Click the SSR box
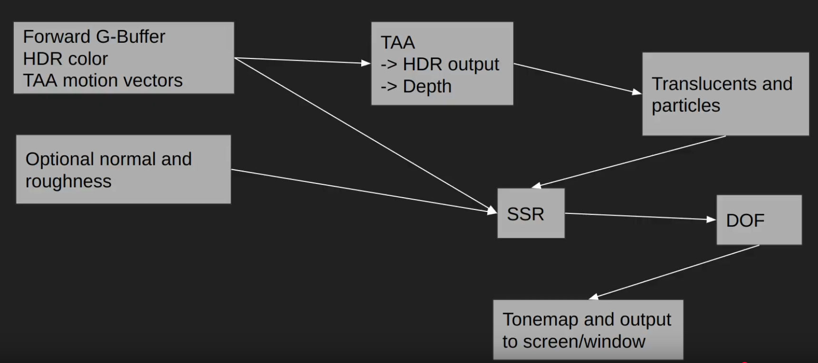(530, 213)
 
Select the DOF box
(759, 220)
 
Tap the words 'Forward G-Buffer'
(94, 37)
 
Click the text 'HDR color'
(65, 58)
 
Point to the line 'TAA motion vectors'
(102, 80)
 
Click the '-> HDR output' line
(440, 64)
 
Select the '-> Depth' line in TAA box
(416, 86)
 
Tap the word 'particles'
(685, 105)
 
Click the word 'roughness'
(68, 181)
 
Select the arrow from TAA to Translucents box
(577, 78)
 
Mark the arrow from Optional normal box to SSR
(364, 191)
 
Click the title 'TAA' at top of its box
(397, 43)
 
